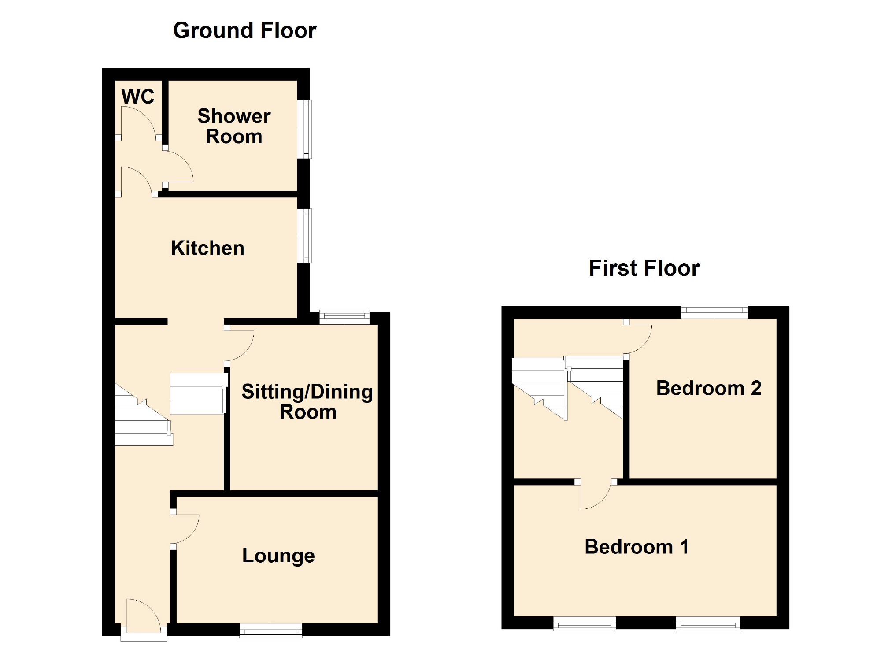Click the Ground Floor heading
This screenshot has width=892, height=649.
244,30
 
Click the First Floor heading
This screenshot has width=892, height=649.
644,268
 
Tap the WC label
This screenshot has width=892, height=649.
138,96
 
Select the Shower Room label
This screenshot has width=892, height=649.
234,126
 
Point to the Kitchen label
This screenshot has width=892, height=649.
207,248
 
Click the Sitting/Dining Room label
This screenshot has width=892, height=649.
307,402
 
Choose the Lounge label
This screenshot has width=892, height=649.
278,556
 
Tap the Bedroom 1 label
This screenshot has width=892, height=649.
637,547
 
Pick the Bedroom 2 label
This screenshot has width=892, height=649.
709,388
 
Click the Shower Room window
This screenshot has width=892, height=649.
305,129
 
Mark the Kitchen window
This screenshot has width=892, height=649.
305,236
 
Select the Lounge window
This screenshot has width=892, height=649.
271,630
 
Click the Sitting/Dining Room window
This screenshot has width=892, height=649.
344,317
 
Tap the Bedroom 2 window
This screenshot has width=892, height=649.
714,311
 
